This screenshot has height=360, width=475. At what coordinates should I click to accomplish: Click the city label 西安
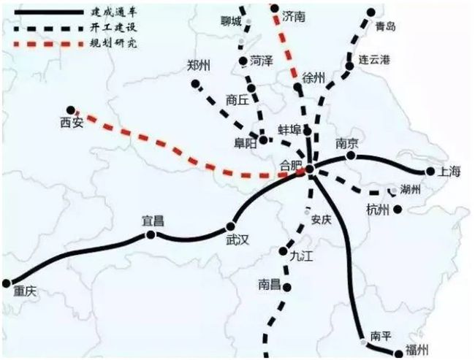pos(72,123)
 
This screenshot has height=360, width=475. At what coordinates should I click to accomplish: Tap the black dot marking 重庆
pos(9,282)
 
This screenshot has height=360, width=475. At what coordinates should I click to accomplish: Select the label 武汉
pos(237,239)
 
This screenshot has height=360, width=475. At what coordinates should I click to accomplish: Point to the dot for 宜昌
pos(151,235)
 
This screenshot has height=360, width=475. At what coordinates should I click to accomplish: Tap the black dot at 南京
pos(351,156)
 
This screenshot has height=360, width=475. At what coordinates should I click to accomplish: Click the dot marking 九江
pos(283,252)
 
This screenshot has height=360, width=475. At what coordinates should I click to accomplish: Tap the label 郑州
pos(199,66)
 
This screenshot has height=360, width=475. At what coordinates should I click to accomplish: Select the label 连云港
pos(379,58)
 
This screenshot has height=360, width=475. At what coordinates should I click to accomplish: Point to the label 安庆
pos(321,218)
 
